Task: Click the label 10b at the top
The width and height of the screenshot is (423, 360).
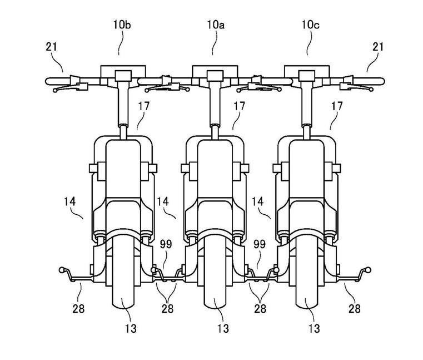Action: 122,25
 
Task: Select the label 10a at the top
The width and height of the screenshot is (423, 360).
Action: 216,25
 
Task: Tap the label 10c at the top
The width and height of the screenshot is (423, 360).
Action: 311,25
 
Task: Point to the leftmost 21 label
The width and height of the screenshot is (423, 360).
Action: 52,47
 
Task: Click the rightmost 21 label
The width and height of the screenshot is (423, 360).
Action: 377,47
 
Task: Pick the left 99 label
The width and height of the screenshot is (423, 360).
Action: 166,244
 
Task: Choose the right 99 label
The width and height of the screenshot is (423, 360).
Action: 260,244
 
